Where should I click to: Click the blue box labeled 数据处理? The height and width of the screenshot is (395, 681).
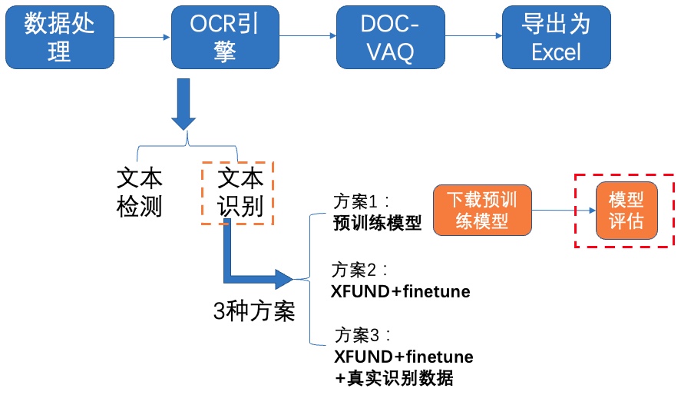point(60,37)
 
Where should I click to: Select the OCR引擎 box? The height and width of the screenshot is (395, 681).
point(225,37)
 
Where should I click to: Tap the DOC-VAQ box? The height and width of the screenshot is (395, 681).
point(391,37)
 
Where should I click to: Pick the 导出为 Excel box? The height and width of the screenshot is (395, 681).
point(557,37)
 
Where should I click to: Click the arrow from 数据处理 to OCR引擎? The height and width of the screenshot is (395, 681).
point(142,38)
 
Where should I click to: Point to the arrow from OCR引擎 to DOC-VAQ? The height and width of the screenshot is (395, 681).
point(308,35)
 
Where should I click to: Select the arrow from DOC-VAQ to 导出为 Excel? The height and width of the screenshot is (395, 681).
point(474,35)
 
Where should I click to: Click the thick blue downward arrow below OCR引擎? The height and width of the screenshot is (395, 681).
point(183,105)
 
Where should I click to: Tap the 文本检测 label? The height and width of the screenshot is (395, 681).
point(140,192)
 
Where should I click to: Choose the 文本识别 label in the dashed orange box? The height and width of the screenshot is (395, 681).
point(240,192)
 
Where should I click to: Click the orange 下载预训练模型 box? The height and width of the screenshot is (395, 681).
point(482,211)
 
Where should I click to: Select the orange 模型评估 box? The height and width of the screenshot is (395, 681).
point(626,211)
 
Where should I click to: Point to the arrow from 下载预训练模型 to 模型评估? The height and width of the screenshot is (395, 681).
point(564,211)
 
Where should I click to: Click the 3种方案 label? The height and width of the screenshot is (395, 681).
point(254,311)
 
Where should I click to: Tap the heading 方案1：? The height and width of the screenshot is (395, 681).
point(362,201)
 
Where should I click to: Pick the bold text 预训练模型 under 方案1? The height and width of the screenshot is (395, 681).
point(378,223)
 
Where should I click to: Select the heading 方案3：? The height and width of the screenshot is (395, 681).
point(362,336)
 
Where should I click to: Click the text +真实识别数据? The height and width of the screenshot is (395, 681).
point(394,378)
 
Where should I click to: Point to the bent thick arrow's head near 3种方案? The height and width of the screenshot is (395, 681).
point(285,279)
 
